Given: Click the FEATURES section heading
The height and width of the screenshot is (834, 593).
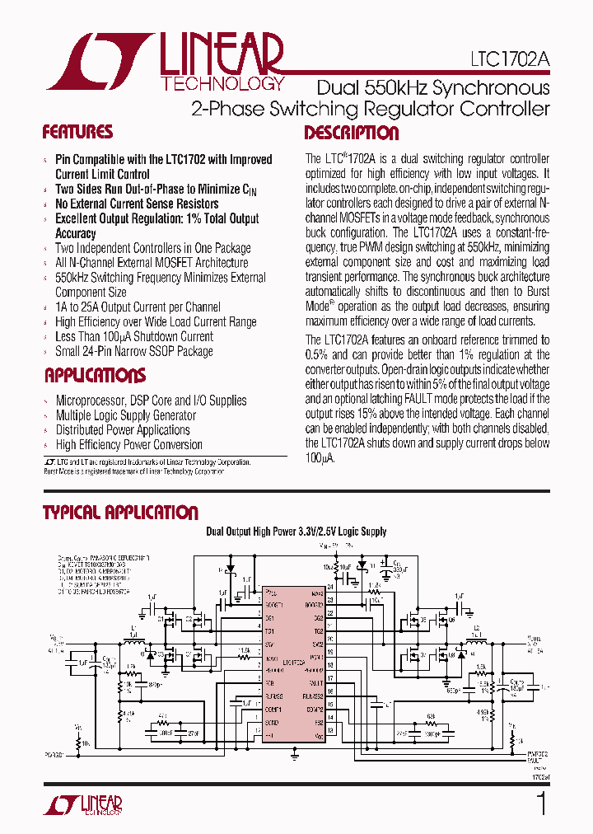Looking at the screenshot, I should [x=77, y=133].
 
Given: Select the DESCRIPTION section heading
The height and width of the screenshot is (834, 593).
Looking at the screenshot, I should [x=352, y=134].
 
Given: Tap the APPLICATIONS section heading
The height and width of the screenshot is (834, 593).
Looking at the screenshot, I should [x=94, y=376].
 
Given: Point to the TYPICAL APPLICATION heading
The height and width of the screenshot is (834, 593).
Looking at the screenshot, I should [x=120, y=513].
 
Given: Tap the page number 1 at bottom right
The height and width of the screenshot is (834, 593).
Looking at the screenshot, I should [x=541, y=804].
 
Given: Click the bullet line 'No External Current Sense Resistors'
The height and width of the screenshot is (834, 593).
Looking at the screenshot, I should [x=137, y=204].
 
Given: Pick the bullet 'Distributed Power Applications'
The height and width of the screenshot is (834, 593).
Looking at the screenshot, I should [x=123, y=430].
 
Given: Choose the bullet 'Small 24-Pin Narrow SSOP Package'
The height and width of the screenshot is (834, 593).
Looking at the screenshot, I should [x=134, y=351].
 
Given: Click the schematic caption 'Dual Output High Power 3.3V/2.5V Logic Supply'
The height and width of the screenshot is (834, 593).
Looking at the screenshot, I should [x=296, y=532].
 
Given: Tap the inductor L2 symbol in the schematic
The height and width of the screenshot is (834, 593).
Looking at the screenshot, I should [x=474, y=642].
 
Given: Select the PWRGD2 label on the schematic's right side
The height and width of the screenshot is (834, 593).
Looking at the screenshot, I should [x=536, y=752].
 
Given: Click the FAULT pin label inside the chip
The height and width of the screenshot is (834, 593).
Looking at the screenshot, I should [x=315, y=683].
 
